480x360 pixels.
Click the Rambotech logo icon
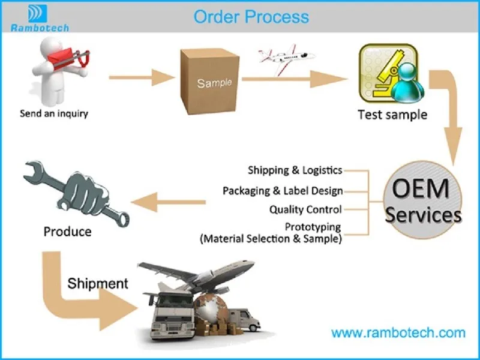(x=38, y=13)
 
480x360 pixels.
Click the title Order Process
(x=251, y=17)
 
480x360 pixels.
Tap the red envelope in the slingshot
(x=61, y=58)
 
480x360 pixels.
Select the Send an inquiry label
(x=54, y=113)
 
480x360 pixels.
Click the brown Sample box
(x=210, y=82)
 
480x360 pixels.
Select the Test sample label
(x=392, y=115)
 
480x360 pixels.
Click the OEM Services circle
(x=423, y=200)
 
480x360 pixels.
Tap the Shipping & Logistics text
(x=295, y=170)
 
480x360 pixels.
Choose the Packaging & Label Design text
(x=283, y=191)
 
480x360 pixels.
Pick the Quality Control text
(x=305, y=209)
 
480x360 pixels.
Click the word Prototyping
(x=313, y=227)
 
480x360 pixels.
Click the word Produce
(x=67, y=232)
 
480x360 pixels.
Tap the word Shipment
(x=98, y=283)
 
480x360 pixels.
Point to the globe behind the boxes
(x=211, y=308)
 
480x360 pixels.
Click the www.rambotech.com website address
(x=398, y=333)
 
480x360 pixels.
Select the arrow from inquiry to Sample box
(x=142, y=77)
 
